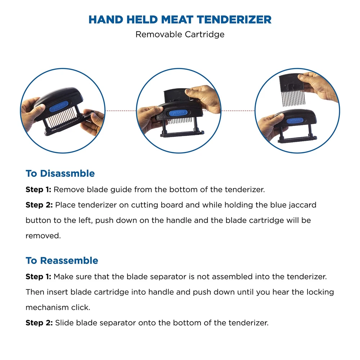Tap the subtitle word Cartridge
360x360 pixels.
(204, 35)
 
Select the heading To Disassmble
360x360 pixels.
(60, 174)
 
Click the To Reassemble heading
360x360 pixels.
(62, 261)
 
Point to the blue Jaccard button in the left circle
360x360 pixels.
(59, 107)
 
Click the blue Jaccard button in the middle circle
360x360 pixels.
(178, 113)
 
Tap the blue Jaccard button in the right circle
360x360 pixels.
(295, 121)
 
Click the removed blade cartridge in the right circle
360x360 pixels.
(292, 90)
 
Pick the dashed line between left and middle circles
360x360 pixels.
(121, 111)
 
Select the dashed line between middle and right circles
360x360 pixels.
(238, 111)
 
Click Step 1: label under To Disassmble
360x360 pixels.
(39, 190)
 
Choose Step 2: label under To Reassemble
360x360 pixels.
(39, 323)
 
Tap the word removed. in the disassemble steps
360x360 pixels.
(43, 236)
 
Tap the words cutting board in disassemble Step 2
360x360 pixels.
(157, 205)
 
